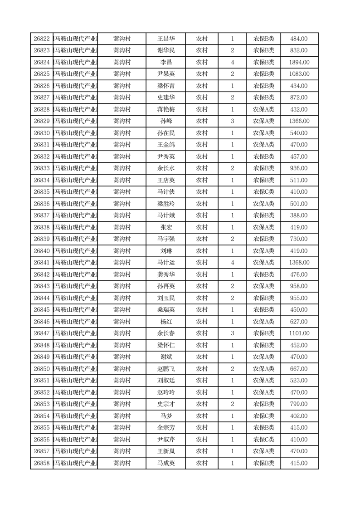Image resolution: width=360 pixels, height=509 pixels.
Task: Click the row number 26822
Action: click(x=41, y=39)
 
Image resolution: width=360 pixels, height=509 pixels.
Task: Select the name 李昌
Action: click(x=165, y=63)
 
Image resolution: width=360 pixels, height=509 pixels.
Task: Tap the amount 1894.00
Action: click(x=299, y=63)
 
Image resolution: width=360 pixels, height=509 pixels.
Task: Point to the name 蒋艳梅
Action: click(x=165, y=110)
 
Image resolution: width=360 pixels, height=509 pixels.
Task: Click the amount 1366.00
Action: click(x=299, y=122)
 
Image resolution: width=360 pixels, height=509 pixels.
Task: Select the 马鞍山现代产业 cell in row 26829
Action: click(x=75, y=122)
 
